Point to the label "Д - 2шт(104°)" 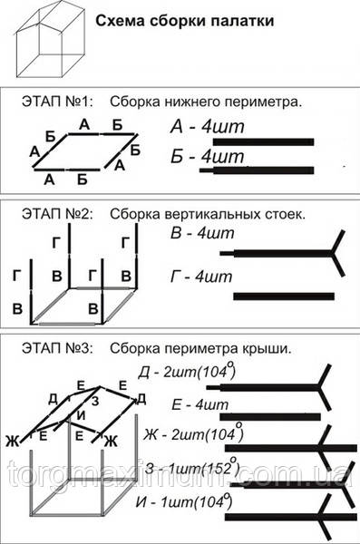pyautogui.click(x=213, y=374)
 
